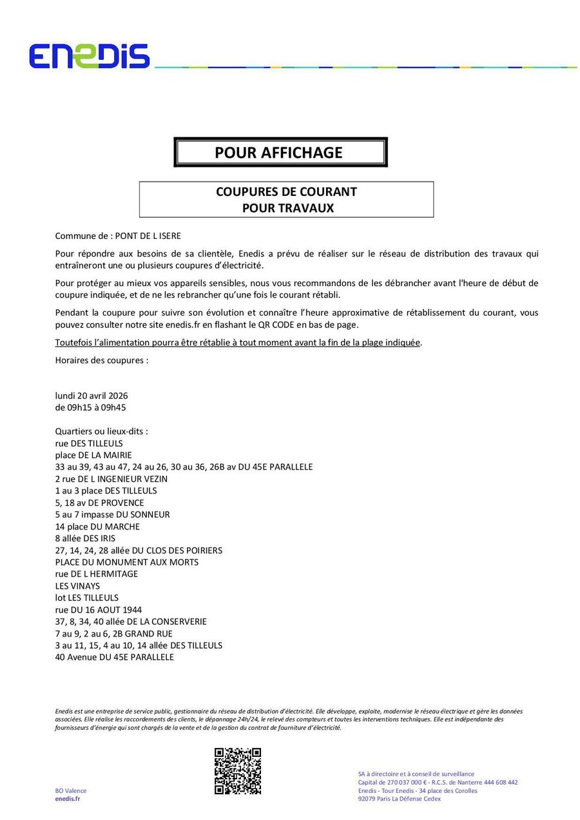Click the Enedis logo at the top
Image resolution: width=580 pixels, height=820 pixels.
(89, 57)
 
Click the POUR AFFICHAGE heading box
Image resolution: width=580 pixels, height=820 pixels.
(280, 153)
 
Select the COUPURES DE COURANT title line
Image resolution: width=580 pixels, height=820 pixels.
(286, 192)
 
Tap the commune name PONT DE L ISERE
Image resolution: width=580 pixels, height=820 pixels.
(144, 236)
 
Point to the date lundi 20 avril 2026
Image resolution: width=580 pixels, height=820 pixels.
(92, 396)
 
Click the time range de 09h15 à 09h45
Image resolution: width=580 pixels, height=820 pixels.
(91, 407)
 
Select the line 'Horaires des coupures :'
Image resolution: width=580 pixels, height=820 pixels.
(102, 360)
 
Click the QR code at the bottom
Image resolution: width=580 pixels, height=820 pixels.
(238, 770)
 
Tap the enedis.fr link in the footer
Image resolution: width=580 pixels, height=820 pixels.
(68, 799)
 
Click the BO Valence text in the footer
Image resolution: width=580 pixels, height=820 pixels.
(71, 790)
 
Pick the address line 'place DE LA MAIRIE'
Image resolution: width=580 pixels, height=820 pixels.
(93, 455)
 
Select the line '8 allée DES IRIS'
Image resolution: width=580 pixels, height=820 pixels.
(86, 538)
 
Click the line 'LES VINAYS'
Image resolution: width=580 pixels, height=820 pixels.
(78, 586)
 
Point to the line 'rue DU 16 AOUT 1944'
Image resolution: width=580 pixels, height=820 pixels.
(99, 609)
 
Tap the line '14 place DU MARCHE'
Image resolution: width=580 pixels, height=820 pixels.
(97, 526)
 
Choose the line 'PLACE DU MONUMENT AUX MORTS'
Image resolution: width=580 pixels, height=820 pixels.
(127, 562)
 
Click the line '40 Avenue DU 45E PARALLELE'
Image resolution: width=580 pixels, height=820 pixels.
(115, 657)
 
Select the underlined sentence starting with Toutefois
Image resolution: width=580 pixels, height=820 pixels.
(238, 343)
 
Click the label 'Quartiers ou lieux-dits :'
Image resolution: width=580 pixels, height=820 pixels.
(102, 431)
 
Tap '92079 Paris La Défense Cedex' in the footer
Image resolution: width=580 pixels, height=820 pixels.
(400, 799)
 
